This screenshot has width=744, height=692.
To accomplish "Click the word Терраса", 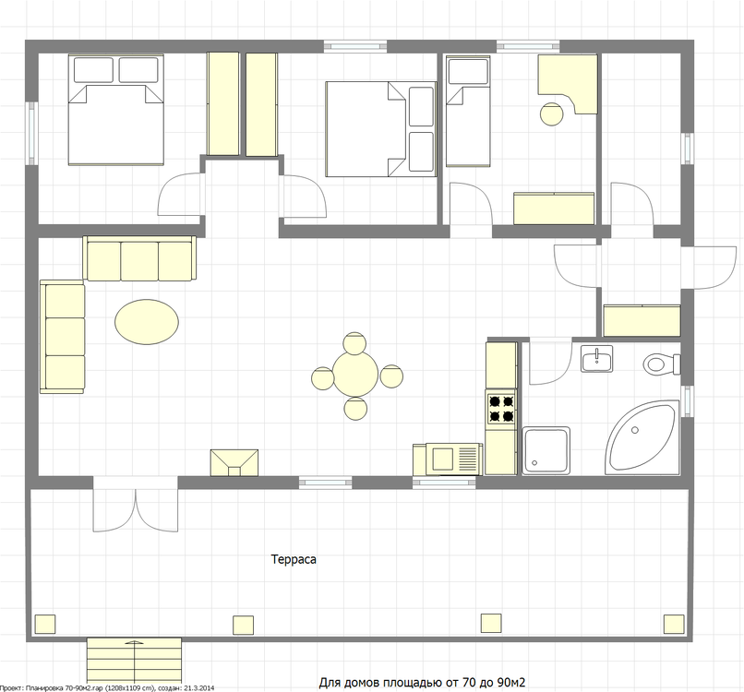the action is (294, 559).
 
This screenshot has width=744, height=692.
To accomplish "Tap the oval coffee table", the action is (147, 322).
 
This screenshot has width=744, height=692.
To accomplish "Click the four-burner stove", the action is (501, 408).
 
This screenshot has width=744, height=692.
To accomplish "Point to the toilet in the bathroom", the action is (662, 364).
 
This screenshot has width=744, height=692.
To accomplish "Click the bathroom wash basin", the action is (597, 359).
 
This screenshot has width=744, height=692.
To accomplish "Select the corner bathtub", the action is (642, 437).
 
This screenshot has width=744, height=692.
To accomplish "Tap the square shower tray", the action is (546, 450).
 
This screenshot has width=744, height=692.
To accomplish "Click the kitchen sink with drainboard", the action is (448, 459).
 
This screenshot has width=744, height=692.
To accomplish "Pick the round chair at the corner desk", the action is (551, 113).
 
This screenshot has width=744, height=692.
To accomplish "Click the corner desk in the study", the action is (568, 84).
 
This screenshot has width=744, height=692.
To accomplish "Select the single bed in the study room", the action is (468, 111).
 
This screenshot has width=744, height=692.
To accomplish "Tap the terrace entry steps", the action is (134, 662).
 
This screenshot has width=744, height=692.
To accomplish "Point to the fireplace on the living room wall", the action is (234, 462).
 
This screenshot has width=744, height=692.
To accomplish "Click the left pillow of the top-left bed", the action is (93, 70).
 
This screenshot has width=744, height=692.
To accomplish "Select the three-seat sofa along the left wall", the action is (62, 336).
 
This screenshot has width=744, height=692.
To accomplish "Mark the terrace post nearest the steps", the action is (243, 625).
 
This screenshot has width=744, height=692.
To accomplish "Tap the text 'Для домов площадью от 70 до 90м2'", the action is (422, 683).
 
